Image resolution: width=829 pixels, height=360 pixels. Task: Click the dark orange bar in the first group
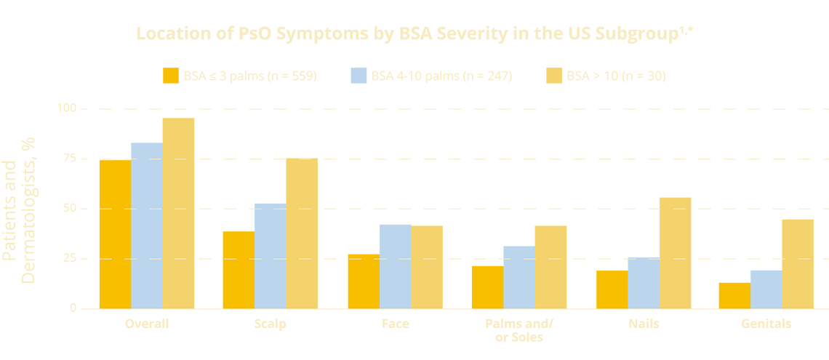coord(109,233)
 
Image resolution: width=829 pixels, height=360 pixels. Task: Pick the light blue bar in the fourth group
coord(518,273)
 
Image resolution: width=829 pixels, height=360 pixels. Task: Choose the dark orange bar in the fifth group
coord(604,287)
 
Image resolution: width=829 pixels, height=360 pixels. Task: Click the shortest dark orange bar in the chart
coord(728,291)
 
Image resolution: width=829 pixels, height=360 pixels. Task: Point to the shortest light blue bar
coord(766,288)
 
